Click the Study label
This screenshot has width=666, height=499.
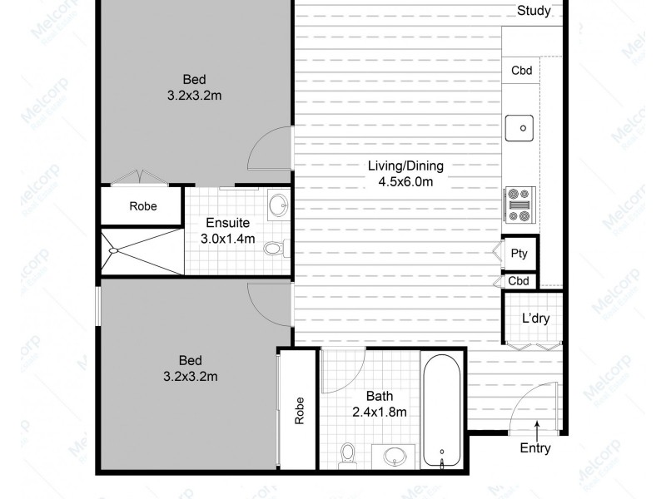[534, 11]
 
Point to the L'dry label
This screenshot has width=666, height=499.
[535, 318]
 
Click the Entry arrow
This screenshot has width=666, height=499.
[538, 429]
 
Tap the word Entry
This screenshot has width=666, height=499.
[534, 447]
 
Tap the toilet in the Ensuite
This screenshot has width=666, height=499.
[274, 247]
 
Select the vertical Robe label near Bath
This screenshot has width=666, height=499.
[298, 411]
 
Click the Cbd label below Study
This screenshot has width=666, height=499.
[521, 71]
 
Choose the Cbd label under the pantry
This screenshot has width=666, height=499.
[519, 281]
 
